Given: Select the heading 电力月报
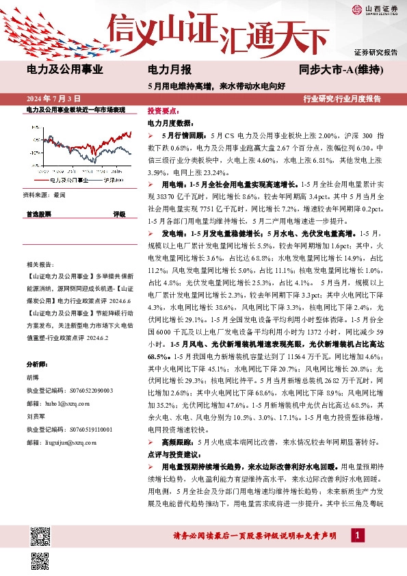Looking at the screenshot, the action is tap(170, 69).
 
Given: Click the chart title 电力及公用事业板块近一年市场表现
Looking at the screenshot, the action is tap(75, 109).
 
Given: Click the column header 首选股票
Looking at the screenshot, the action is tap(39, 214).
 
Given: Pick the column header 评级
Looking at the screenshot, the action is tap(118, 214).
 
